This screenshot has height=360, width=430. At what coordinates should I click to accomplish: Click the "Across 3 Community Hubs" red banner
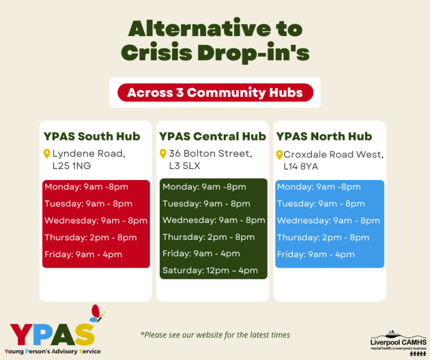click(x=215, y=92)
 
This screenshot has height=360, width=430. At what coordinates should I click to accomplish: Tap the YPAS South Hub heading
click(x=92, y=136)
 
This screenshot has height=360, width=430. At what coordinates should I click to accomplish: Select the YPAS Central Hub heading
click(x=212, y=136)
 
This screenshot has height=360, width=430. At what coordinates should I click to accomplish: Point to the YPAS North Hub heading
click(x=324, y=136)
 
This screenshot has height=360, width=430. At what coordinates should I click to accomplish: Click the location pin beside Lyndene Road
click(x=47, y=154)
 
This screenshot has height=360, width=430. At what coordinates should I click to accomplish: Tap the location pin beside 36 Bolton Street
click(x=163, y=154)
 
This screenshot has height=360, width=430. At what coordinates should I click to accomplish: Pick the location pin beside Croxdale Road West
click(x=279, y=155)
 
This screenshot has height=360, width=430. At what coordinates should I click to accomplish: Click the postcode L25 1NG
click(x=71, y=167)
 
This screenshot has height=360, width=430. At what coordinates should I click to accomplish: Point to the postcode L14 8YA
click(x=300, y=167)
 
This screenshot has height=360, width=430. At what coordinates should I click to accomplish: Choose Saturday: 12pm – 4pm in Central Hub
click(x=210, y=271)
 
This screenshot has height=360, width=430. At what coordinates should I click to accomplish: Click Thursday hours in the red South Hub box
click(x=91, y=237)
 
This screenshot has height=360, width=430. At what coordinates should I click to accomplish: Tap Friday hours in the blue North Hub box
click(x=316, y=254)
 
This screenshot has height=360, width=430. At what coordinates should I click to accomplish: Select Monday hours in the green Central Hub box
click(x=204, y=187)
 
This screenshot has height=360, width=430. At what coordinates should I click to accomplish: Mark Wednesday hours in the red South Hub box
click(x=96, y=221)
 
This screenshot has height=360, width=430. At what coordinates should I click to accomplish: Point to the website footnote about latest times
click(x=215, y=334)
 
